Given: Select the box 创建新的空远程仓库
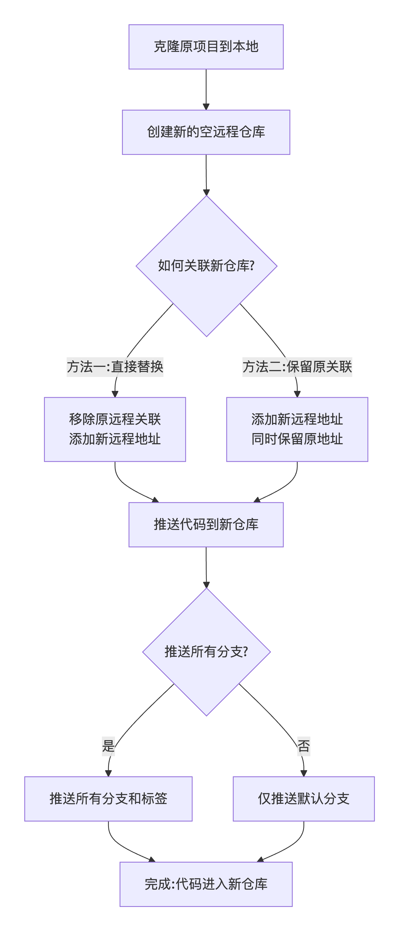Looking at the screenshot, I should [x=206, y=132].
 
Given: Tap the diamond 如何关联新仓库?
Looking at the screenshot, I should [x=206, y=266].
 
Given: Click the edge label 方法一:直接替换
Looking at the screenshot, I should [x=115, y=367].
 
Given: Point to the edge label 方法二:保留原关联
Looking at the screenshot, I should [x=297, y=367].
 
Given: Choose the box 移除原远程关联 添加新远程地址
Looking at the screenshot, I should [x=115, y=429].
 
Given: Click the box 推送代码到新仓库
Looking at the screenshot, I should [x=206, y=524].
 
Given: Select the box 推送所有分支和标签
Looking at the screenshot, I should [x=108, y=799].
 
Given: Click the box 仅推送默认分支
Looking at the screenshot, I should [x=303, y=799].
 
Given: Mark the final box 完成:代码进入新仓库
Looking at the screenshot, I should [x=206, y=884].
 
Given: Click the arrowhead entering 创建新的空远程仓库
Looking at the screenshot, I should [x=206, y=107].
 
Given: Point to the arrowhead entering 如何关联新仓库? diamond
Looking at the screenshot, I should [x=206, y=192].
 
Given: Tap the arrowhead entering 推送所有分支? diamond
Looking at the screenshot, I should [x=206, y=585].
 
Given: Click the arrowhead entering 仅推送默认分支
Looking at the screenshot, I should [x=303, y=773].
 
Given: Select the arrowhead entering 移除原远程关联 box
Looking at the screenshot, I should [x=115, y=394].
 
